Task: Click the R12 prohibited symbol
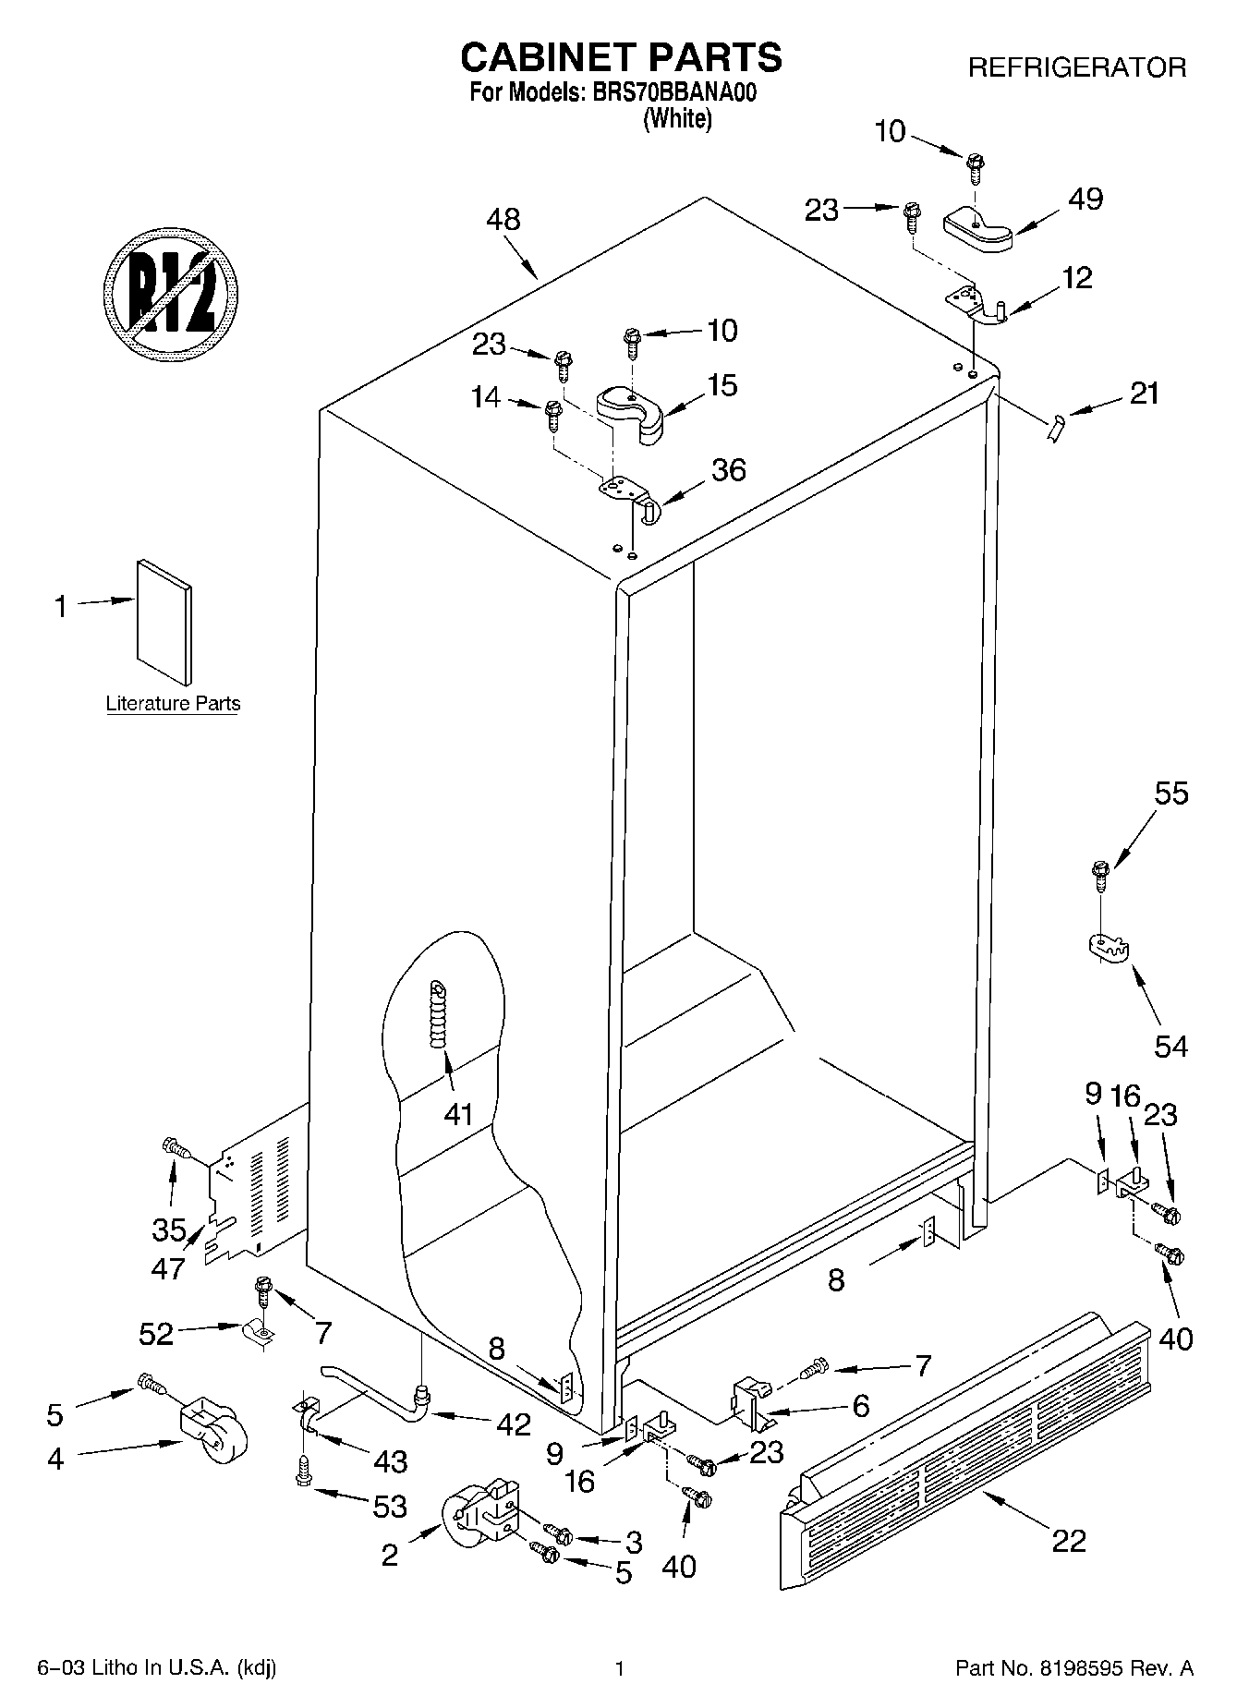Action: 172,288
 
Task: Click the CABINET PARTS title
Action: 621,57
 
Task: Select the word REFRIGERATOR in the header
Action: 1076,67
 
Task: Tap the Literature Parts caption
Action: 173,704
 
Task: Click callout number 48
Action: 503,220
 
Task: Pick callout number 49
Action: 1085,200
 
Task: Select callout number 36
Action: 728,470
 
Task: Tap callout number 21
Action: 1144,394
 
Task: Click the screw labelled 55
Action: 1099,875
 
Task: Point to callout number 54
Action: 1171,1046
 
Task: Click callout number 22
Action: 1069,1541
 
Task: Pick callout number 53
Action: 390,1507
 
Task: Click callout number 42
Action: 513,1423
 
